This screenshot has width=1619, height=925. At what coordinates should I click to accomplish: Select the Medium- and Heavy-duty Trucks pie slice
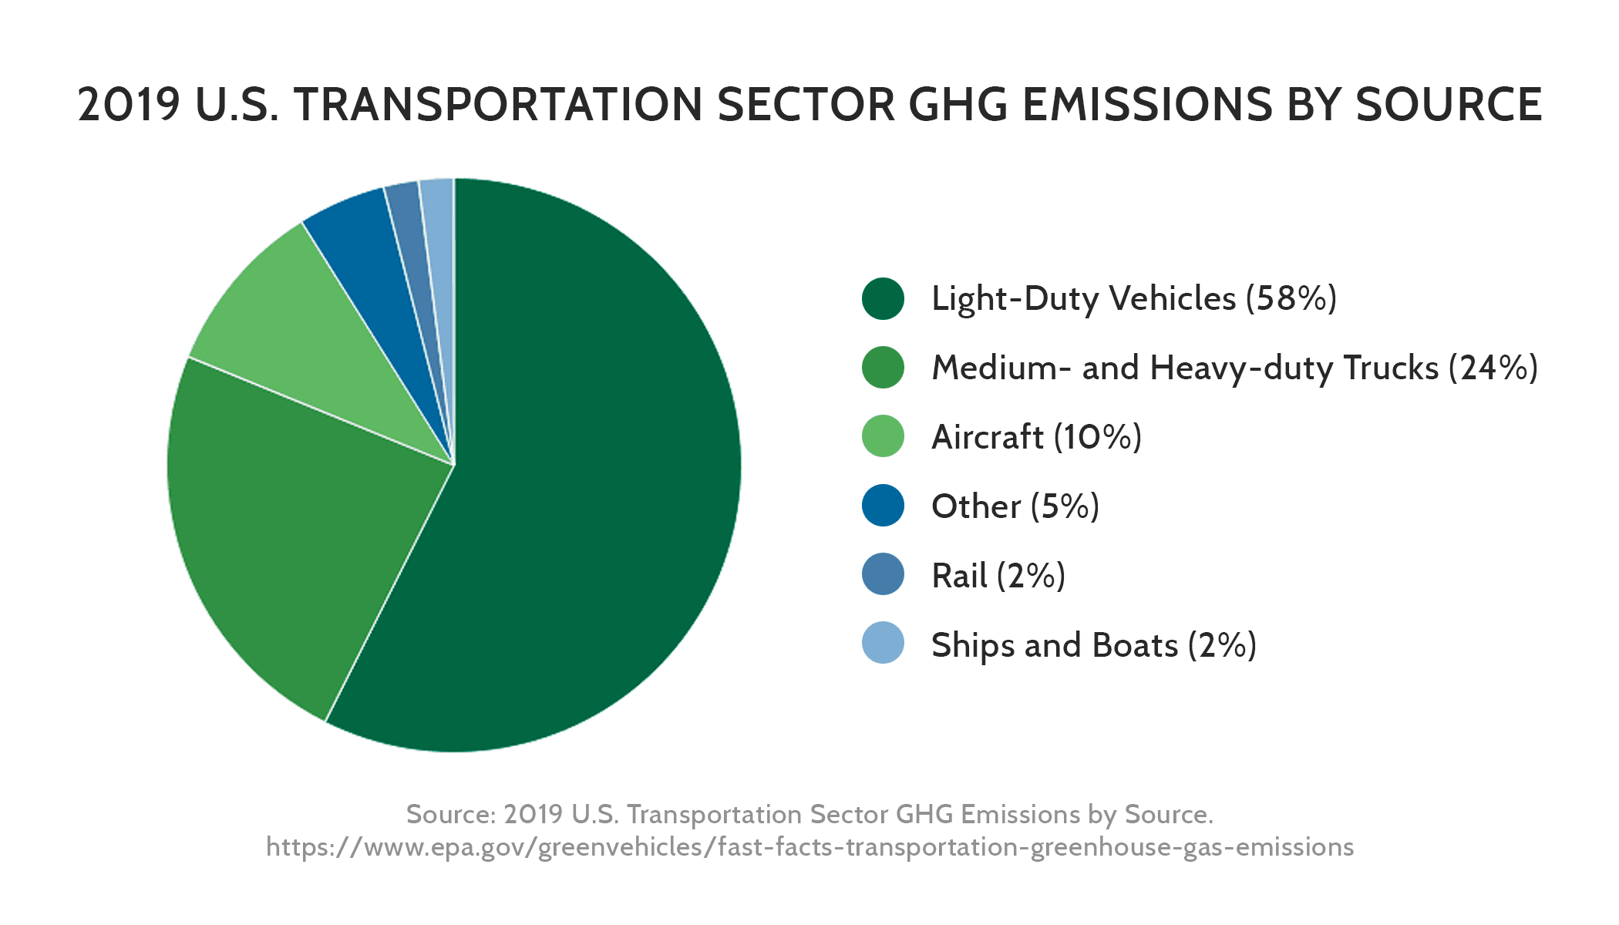[x=308, y=524]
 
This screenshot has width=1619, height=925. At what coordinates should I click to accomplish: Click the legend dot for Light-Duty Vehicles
[x=883, y=298]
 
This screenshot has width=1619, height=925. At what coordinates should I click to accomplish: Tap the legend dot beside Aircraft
[x=883, y=436]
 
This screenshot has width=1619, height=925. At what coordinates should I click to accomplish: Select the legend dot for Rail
[x=883, y=574]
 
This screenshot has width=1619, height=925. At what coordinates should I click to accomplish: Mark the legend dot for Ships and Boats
[x=883, y=643]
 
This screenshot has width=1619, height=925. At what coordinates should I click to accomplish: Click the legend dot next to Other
[x=883, y=506]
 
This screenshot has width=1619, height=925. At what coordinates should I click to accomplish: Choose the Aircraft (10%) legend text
[x=1036, y=437]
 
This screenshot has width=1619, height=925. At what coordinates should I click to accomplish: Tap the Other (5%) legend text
[x=1015, y=506]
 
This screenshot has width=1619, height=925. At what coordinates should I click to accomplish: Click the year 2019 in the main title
[x=129, y=105]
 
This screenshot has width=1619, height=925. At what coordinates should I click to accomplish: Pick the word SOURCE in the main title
[x=1449, y=105]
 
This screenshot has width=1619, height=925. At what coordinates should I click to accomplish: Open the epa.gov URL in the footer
[x=809, y=847]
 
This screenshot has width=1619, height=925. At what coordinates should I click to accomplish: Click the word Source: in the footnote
[x=450, y=814]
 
